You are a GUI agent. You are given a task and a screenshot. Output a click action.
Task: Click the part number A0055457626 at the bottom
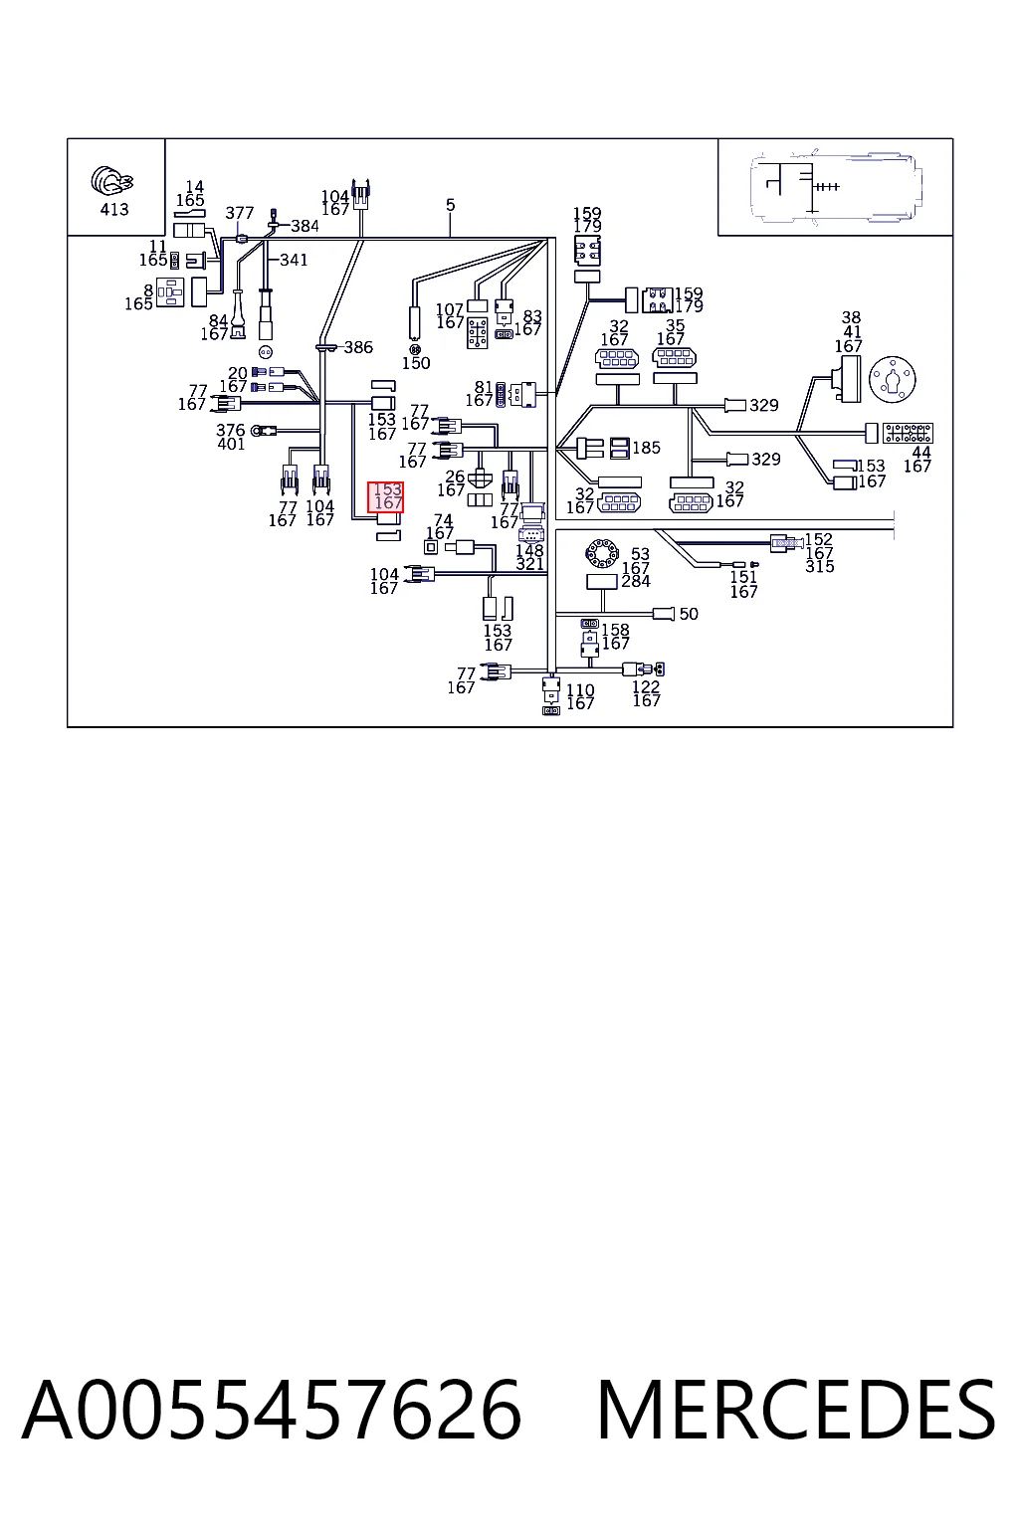(x=272, y=1411)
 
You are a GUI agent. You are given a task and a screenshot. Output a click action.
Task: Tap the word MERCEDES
(x=796, y=1411)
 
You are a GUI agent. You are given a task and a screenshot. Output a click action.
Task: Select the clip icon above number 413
(x=111, y=180)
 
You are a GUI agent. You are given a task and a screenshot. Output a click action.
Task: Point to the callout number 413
(x=114, y=210)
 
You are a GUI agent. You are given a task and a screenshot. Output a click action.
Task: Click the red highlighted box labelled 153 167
(x=386, y=496)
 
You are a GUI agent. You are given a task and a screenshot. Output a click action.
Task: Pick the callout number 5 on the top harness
(x=451, y=205)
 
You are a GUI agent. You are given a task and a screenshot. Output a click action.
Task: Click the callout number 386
(x=358, y=347)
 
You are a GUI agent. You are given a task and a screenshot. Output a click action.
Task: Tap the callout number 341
(x=294, y=260)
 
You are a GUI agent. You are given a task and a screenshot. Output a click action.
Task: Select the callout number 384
(x=305, y=226)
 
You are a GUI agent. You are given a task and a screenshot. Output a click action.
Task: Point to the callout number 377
(x=240, y=213)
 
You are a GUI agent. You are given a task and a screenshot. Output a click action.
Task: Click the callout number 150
(x=416, y=363)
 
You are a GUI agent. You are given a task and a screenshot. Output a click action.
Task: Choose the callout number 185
(x=647, y=448)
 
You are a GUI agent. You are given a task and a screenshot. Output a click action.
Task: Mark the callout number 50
(x=689, y=614)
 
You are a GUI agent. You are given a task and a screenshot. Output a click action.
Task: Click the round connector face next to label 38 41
(x=893, y=379)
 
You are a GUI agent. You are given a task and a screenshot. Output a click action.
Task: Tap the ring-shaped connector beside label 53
(x=602, y=552)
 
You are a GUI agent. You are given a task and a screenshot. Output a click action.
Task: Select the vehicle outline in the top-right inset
(x=836, y=186)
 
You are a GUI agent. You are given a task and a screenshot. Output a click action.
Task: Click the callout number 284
(x=636, y=581)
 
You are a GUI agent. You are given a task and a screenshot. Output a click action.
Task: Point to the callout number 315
(x=820, y=566)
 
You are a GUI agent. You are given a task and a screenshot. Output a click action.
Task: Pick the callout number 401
(x=231, y=444)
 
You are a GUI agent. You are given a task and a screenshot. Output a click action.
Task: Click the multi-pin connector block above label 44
(x=908, y=433)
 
